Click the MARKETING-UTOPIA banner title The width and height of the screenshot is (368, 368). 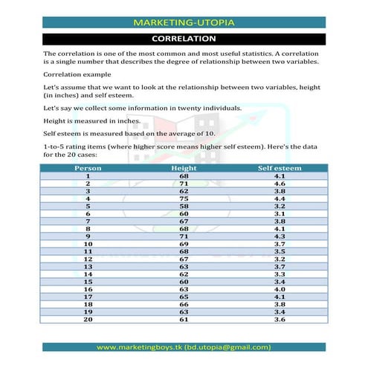point(184,22)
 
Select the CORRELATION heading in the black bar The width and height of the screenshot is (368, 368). point(184,39)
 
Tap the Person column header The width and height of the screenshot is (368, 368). point(87,168)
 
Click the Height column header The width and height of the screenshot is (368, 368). point(184,168)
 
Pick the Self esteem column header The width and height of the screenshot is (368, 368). point(280,168)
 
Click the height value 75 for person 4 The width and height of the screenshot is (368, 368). point(184,198)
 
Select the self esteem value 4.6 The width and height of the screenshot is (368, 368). point(280,183)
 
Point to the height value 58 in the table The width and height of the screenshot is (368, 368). point(184,206)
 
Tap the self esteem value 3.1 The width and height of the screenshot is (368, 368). point(280,213)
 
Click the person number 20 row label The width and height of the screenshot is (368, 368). point(87,319)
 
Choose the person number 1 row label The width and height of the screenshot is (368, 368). point(87,175)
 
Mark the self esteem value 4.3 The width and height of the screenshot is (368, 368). point(280,236)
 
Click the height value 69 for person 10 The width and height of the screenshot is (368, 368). point(184,243)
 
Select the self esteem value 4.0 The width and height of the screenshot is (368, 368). point(280,288)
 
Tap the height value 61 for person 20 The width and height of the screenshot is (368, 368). point(184,319)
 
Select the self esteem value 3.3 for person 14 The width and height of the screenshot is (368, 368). point(280,274)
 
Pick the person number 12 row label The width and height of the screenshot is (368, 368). point(87,259)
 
